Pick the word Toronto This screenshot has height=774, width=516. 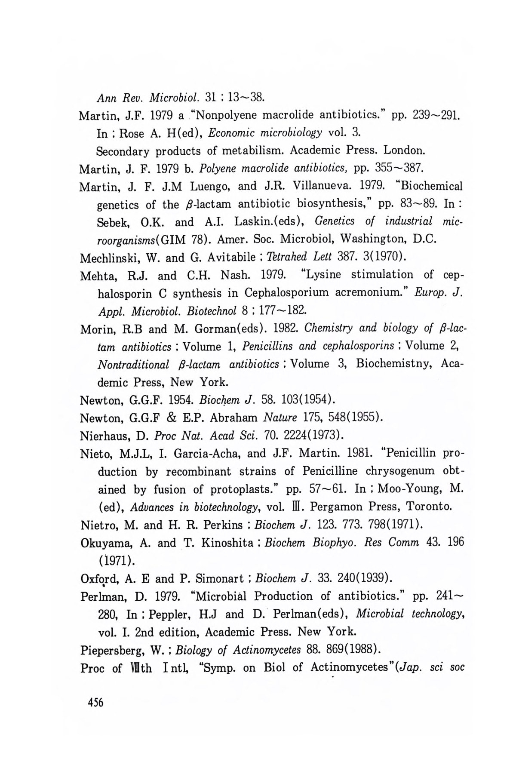(429, 507)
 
